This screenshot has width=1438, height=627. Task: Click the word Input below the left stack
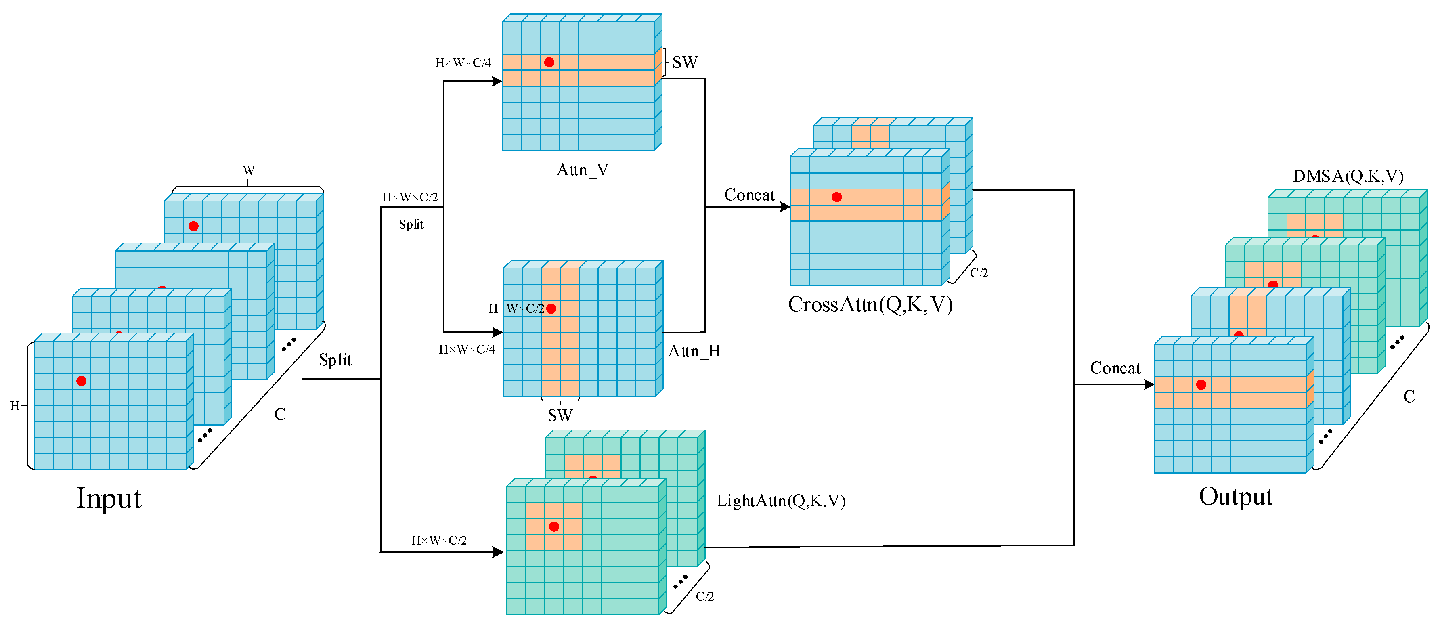click(109, 498)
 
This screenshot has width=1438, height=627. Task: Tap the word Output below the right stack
click(1235, 496)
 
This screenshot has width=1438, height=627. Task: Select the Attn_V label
click(582, 170)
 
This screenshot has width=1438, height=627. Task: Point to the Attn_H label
click(694, 351)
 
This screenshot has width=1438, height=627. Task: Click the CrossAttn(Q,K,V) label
click(870, 305)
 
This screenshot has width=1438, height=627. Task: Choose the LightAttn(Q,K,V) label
click(781, 501)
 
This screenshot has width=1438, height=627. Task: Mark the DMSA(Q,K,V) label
click(1348, 176)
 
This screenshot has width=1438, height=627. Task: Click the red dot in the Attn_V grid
click(549, 62)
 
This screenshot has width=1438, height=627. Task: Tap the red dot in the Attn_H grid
click(551, 309)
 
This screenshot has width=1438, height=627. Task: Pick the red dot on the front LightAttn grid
click(554, 526)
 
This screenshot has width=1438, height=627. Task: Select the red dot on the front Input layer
click(82, 381)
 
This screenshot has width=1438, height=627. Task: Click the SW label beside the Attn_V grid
click(685, 63)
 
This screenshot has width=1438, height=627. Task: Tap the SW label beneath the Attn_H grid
click(560, 415)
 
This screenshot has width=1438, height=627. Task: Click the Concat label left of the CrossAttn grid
click(749, 195)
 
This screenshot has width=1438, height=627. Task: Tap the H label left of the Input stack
click(15, 406)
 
